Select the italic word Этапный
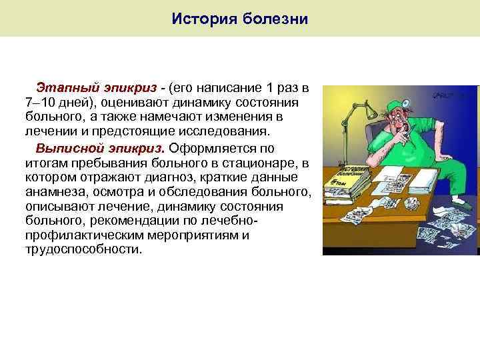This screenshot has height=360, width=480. click(64, 88)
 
